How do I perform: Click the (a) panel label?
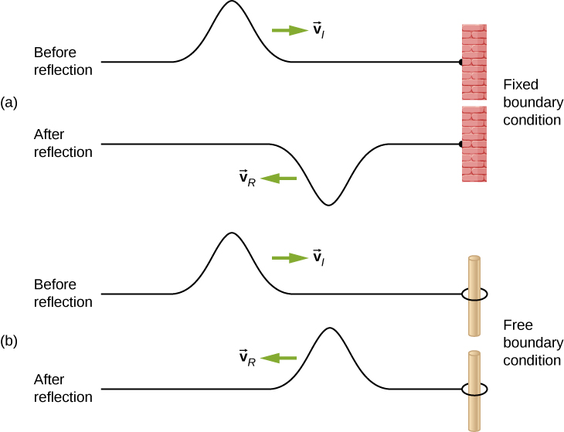(x=9, y=101)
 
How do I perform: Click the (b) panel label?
(x=9, y=340)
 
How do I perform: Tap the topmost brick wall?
(x=474, y=62)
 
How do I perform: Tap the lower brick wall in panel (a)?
(x=474, y=144)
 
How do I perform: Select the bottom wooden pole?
(x=474, y=390)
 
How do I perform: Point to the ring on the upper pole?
(x=474, y=294)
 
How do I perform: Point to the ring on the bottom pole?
(x=474, y=389)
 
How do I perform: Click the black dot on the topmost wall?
(x=460, y=61)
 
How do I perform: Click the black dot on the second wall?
(x=460, y=144)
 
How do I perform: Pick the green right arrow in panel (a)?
(x=290, y=30)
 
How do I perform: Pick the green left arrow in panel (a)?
(x=279, y=179)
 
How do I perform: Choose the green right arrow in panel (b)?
(x=290, y=257)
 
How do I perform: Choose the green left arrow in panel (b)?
(x=279, y=358)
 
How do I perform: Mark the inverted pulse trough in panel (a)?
(x=329, y=204)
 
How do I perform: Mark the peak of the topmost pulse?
(x=231, y=2)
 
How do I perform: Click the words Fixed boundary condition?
(x=531, y=101)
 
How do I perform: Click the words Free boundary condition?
(x=531, y=342)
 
